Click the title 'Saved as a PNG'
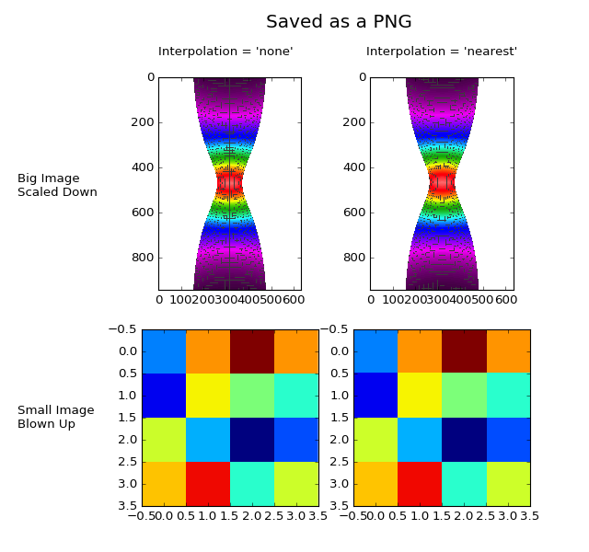[x=339, y=22]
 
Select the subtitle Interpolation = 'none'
[x=225, y=52]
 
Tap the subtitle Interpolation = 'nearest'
[x=442, y=52]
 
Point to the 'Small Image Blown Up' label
[x=55, y=417]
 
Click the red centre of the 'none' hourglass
[x=229, y=183]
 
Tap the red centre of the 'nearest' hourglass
[x=442, y=181]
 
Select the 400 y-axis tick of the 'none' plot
[x=143, y=167]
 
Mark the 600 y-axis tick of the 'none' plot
[x=143, y=213]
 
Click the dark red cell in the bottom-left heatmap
[x=252, y=351]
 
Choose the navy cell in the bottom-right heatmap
[x=464, y=440]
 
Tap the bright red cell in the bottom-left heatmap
[x=208, y=484]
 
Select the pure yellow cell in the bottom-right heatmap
[x=420, y=396]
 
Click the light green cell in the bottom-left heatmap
[x=252, y=396]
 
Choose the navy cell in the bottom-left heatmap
[x=252, y=440]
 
